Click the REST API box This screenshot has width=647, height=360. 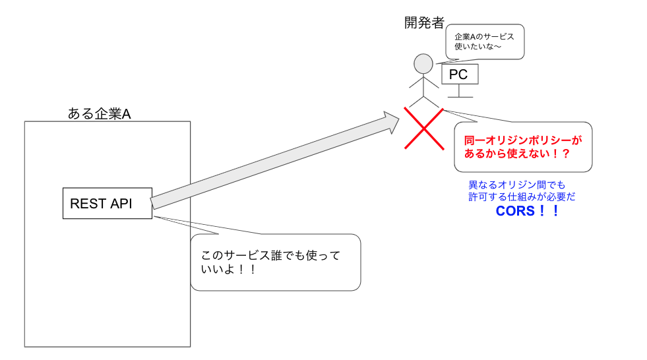tap(107, 203)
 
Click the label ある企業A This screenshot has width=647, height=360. tap(99, 113)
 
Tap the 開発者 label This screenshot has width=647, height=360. tap(424, 23)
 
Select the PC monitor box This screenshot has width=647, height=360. tap(458, 75)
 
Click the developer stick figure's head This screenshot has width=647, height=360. tap(423, 64)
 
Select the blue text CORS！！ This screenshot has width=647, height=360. tap(527, 212)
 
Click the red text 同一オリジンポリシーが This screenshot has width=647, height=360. tap(524, 140)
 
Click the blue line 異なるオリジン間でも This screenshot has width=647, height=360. tap(517, 185)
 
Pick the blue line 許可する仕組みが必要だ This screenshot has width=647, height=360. tap(522, 196)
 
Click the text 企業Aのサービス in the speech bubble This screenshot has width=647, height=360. tap(484, 37)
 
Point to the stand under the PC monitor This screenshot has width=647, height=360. tap(458, 91)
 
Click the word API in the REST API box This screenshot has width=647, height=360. tap(121, 204)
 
